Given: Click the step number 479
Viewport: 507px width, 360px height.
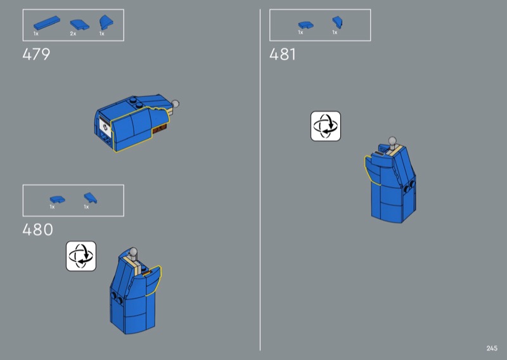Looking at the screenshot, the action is [x=36, y=54].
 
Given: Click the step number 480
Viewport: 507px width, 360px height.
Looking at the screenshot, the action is [x=37, y=229].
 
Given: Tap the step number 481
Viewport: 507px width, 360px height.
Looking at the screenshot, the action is [x=283, y=54].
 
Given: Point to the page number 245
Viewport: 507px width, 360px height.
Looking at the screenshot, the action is [x=492, y=348].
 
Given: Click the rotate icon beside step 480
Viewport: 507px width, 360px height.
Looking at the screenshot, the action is [x=81, y=256].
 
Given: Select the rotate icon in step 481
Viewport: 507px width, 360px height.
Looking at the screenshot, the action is [x=326, y=126].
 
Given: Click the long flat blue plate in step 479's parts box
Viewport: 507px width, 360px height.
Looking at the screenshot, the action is [x=46, y=23].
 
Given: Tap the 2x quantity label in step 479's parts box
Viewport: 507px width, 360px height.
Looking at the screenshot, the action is [x=73, y=34].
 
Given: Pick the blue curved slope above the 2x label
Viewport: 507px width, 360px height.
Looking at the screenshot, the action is [x=80, y=25].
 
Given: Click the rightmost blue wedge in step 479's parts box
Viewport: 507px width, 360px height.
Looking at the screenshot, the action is [x=106, y=23].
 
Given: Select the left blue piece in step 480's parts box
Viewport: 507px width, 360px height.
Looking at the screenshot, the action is [x=57, y=200].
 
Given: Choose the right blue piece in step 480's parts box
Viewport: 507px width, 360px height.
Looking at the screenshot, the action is [x=90, y=198].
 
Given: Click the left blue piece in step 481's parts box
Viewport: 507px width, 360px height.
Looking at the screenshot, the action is [x=305, y=25].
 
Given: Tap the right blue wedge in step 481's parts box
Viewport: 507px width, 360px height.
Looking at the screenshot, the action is [x=337, y=22].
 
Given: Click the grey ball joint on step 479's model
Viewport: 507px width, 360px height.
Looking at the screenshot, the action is [x=175, y=104].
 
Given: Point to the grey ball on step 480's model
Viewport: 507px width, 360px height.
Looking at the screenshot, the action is [x=133, y=252].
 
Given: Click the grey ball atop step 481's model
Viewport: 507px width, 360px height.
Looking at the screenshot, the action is [x=392, y=141].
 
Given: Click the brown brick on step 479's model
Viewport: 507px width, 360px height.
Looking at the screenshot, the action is [x=160, y=129].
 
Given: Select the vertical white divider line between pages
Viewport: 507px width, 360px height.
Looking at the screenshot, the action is [x=260, y=180].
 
